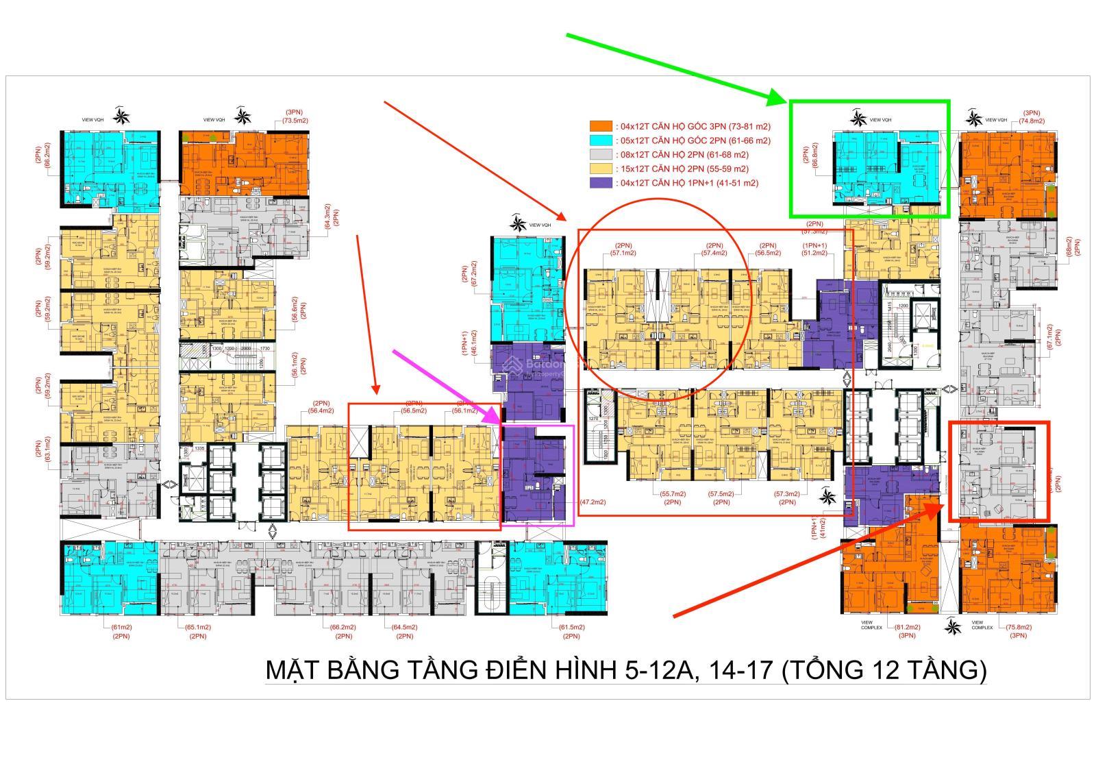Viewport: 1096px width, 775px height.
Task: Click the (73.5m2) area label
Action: (x=296, y=121)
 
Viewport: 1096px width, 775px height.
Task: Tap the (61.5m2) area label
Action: (x=571, y=627)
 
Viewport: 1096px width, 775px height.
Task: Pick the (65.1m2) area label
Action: (x=198, y=627)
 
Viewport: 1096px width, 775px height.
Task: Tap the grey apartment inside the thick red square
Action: (x=999, y=471)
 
